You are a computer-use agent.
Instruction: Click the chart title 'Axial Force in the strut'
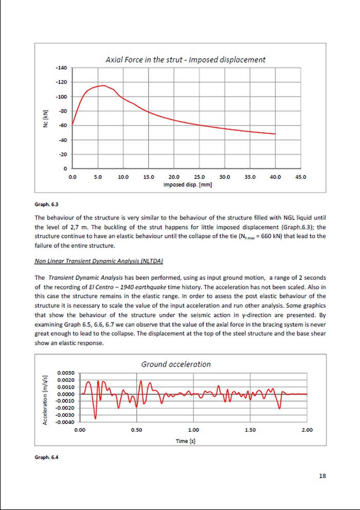[185, 60]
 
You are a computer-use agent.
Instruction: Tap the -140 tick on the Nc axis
[62, 68]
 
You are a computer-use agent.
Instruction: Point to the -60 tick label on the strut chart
[62, 126]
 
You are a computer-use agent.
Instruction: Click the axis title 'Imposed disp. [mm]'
[188, 184]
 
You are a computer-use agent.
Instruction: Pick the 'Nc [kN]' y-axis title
[45, 119]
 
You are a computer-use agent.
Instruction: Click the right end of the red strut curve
[275, 134]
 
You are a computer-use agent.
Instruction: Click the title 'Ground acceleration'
[176, 364]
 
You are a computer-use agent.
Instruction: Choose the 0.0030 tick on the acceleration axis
[66, 373]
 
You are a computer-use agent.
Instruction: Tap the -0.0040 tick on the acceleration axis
[66, 422]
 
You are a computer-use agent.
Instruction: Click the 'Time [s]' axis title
[188, 441]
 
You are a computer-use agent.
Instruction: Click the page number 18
[322, 476]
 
